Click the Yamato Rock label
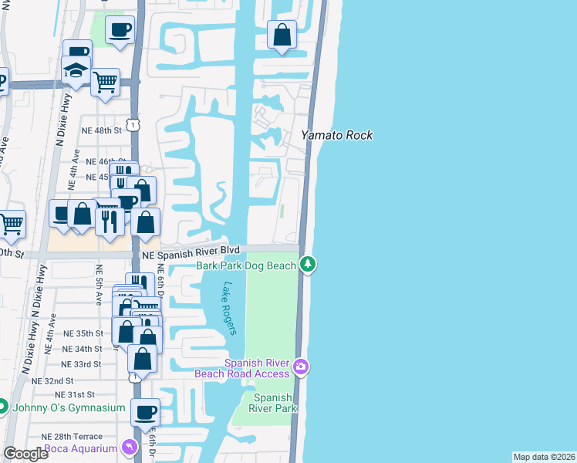tap(336, 135)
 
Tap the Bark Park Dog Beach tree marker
tap(309, 265)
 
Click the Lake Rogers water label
tap(228, 308)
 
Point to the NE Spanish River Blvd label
tap(191, 251)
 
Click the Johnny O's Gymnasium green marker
tap(2, 407)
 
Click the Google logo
tap(26, 454)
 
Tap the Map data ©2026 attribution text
tap(544, 457)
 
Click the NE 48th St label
tap(103, 130)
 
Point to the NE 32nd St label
tap(52, 380)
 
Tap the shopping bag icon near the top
tap(282, 35)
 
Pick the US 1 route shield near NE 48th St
tap(133, 123)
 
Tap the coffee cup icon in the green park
tap(119, 30)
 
